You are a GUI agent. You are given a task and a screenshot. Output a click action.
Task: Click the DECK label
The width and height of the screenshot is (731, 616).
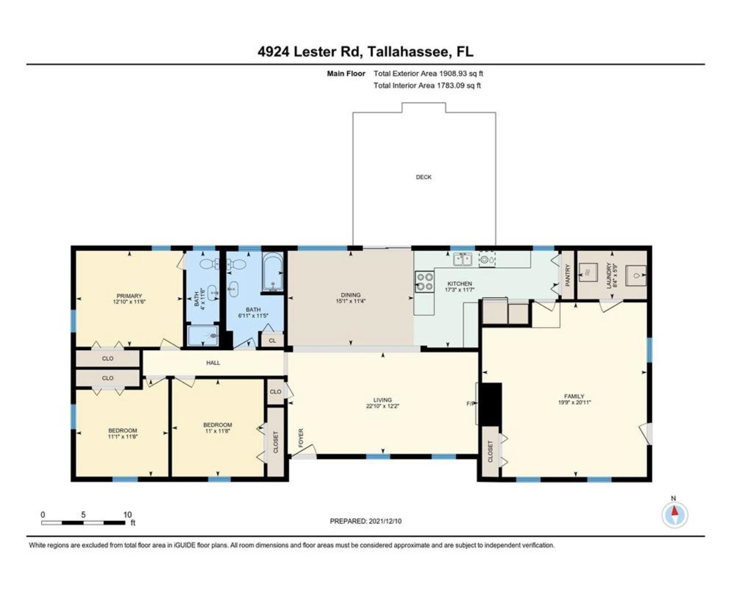pyautogui.click(x=423, y=177)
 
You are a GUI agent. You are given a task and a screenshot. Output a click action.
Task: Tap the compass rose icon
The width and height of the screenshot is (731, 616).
pyautogui.click(x=674, y=515)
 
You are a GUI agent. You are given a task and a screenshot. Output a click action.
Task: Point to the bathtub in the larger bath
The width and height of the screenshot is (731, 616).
pyautogui.click(x=272, y=272)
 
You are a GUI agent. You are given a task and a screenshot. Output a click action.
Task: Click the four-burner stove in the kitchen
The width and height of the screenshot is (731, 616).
pyautogui.click(x=424, y=282)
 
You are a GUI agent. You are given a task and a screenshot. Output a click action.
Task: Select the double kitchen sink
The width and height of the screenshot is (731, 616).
pyautogui.click(x=463, y=260)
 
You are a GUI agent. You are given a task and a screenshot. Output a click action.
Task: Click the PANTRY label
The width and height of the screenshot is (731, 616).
pyautogui.click(x=568, y=275)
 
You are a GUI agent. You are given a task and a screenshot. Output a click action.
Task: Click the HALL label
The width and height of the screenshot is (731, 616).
pyautogui.click(x=213, y=363)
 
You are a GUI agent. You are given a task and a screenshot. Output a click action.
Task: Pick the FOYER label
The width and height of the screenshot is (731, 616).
pyautogui.click(x=301, y=438)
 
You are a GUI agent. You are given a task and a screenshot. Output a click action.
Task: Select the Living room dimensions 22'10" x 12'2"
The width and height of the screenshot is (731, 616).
pyautogui.click(x=383, y=406)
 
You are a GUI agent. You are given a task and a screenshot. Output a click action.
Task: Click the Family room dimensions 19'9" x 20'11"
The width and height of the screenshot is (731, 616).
pyautogui.click(x=574, y=403)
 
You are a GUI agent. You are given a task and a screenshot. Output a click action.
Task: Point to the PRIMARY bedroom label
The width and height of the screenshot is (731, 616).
pyautogui.click(x=129, y=295)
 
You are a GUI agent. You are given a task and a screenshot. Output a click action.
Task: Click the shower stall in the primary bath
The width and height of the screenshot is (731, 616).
pyautogui.click(x=203, y=335)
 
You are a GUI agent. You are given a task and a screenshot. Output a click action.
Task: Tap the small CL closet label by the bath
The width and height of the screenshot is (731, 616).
pyautogui.click(x=272, y=340)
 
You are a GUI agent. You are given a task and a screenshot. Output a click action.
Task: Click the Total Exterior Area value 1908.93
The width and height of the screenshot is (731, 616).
pyautogui.click(x=453, y=73)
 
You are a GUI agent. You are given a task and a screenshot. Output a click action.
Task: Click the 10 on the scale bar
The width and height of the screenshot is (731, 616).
pyautogui.click(x=128, y=515)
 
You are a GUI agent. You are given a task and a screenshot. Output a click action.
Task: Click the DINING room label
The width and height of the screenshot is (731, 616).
pyautogui.click(x=351, y=295)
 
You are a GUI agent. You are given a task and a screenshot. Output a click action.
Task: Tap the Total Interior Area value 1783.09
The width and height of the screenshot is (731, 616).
pyautogui.click(x=450, y=85)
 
